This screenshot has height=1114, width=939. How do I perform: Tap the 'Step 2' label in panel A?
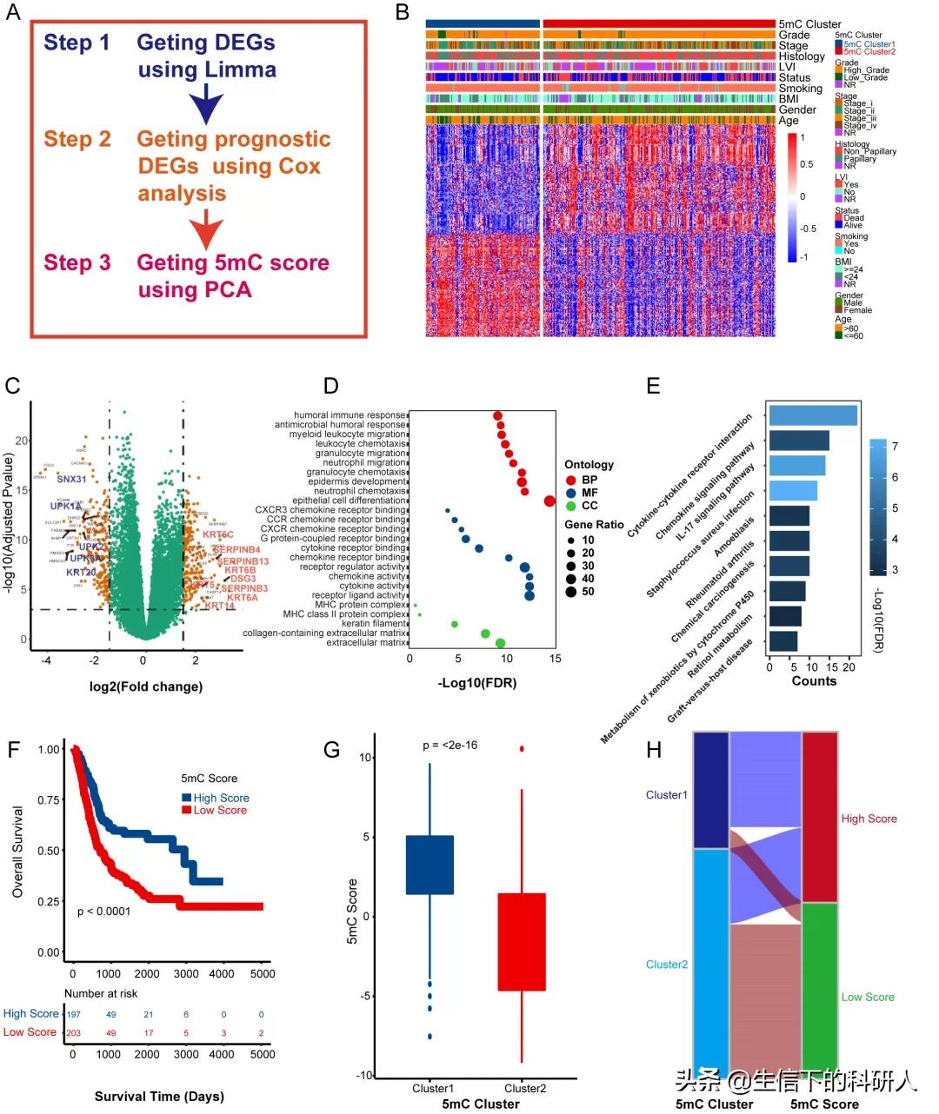(77, 140)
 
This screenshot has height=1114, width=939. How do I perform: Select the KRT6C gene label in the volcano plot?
(218, 535)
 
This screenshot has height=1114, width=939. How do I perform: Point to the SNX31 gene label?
(72, 480)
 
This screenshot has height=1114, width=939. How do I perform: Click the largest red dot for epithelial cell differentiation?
(549, 501)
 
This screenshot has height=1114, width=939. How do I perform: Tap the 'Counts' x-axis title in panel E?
(814, 681)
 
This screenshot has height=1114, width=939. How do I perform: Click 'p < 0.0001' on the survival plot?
(103, 912)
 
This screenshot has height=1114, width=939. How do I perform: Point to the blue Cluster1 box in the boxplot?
(430, 865)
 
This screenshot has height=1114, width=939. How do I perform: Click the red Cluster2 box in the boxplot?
(522, 941)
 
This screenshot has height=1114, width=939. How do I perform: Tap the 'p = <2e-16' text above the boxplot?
(450, 746)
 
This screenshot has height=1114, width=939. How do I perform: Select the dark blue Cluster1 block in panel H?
(710, 789)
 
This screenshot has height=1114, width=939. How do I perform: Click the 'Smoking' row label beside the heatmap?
(800, 89)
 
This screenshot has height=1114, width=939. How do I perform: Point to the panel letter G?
(331, 749)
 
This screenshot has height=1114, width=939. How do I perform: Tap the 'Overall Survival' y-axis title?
(18, 852)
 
